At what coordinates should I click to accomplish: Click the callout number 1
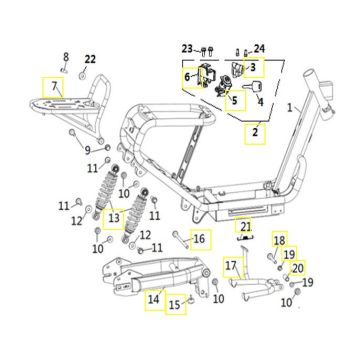tap(290, 108)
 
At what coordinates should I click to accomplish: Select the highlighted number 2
tap(255, 132)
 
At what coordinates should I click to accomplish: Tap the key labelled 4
tap(253, 86)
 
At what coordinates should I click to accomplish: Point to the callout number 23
tap(188, 49)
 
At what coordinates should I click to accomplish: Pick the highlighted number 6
tap(187, 77)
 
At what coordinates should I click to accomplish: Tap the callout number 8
tap(66, 57)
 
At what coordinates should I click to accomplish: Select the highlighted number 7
tap(54, 86)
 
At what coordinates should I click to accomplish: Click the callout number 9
tap(87, 151)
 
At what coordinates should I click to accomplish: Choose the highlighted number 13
tap(114, 218)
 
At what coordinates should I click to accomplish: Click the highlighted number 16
tap(199, 239)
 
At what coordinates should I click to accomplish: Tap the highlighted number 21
tap(245, 227)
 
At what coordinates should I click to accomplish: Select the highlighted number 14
tap(154, 299)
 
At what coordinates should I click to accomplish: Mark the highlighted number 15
tap(175, 304)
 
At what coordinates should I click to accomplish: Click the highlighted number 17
tap(231, 266)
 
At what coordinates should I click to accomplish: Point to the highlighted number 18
tap(280, 239)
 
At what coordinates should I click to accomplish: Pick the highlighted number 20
tap(298, 268)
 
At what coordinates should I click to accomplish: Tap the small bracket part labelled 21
tap(246, 237)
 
